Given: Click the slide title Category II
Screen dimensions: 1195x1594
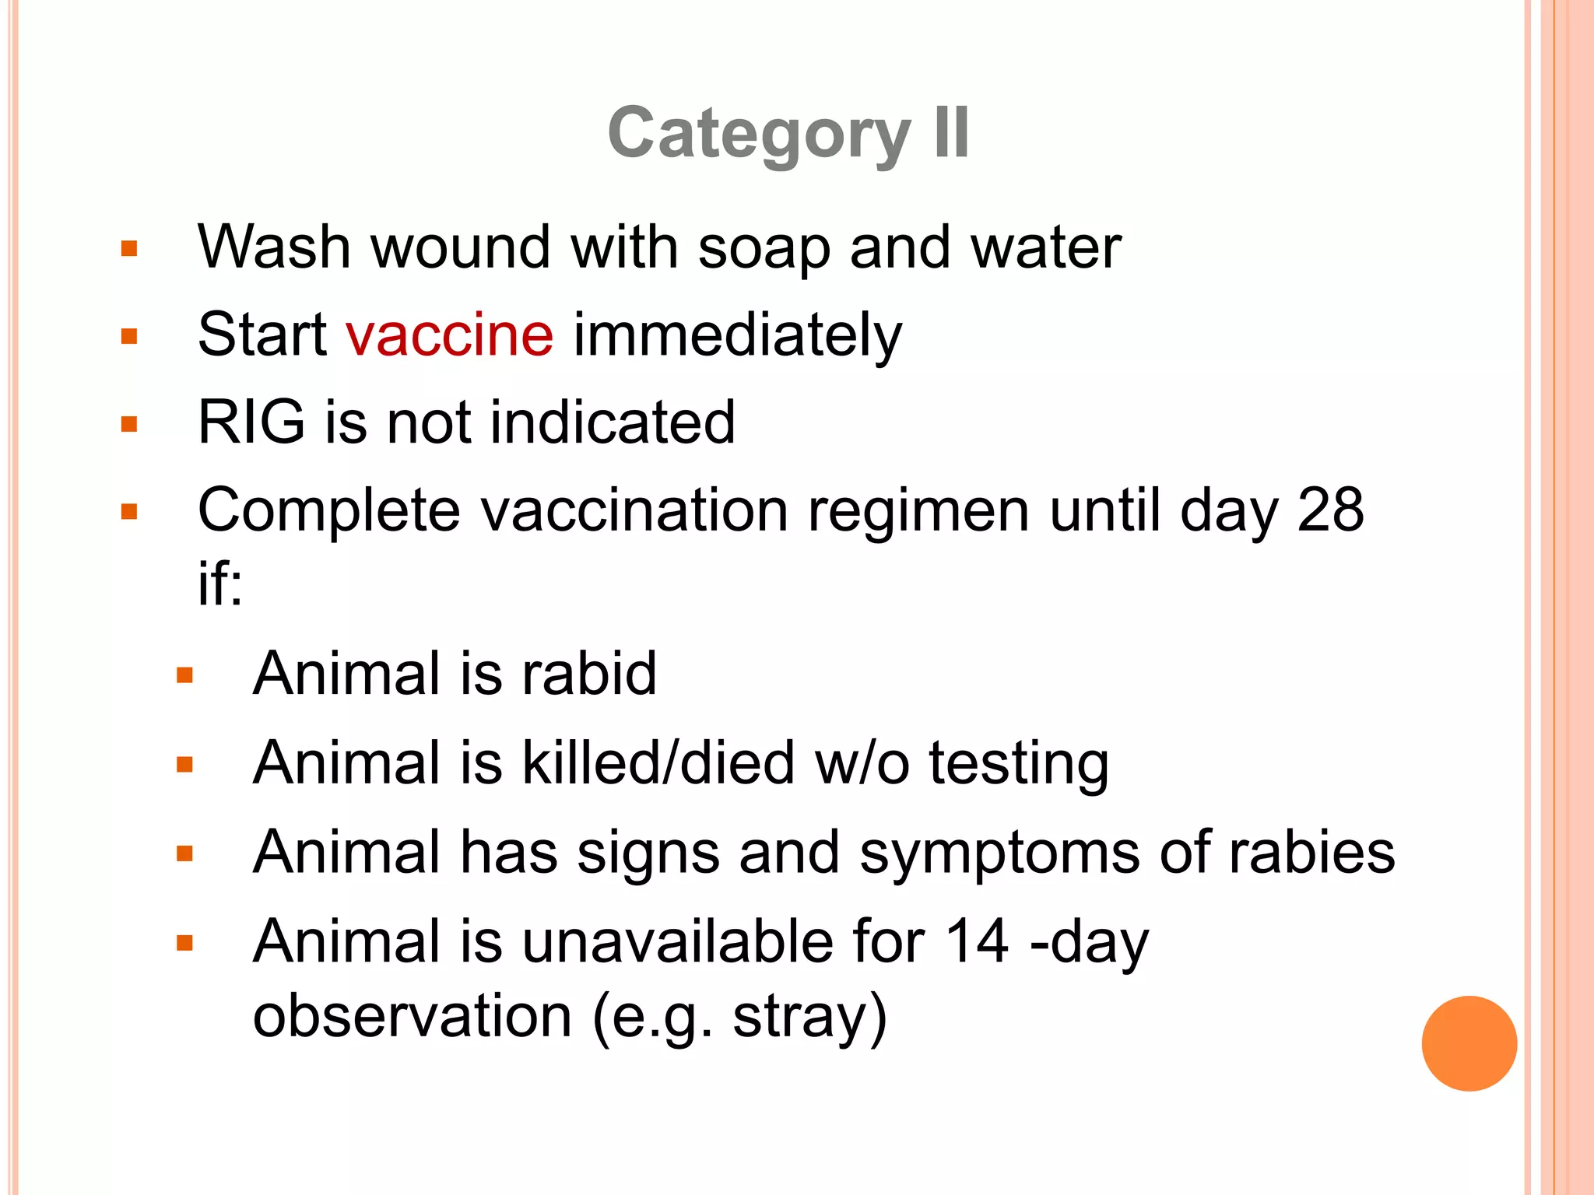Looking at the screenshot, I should (x=788, y=133).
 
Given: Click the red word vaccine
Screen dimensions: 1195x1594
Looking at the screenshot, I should (x=449, y=335).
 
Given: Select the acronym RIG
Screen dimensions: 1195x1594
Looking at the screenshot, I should (x=251, y=422).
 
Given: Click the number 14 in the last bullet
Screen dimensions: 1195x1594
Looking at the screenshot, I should (x=977, y=941).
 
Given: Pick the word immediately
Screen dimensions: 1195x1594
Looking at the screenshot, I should (x=737, y=336).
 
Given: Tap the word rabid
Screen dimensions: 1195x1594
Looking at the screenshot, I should (x=589, y=673).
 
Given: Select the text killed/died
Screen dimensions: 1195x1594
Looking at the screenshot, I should (x=658, y=762).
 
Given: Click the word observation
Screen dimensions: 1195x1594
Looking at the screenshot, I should (x=413, y=1015).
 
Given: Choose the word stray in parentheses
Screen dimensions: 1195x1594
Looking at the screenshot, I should (x=799, y=1017).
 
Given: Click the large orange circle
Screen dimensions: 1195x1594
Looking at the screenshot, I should (x=1469, y=1043).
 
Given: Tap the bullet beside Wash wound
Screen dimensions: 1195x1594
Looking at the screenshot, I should (x=129, y=249).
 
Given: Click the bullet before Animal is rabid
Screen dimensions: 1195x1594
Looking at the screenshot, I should (x=184, y=675).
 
